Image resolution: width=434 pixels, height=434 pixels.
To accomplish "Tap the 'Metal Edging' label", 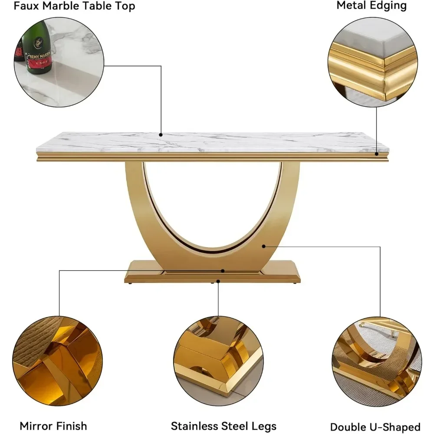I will click(x=372, y=6).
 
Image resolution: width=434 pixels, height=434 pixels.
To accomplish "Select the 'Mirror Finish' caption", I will click(x=53, y=426).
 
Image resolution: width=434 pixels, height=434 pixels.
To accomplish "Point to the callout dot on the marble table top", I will click(x=161, y=135).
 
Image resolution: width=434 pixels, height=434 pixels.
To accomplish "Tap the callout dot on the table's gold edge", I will click(x=376, y=153).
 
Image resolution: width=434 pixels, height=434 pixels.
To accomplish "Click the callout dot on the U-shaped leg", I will click(x=263, y=246).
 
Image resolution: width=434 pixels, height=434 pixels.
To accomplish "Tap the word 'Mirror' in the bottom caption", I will click(x=36, y=426).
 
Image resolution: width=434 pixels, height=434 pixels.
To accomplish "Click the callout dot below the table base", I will click(x=218, y=281).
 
